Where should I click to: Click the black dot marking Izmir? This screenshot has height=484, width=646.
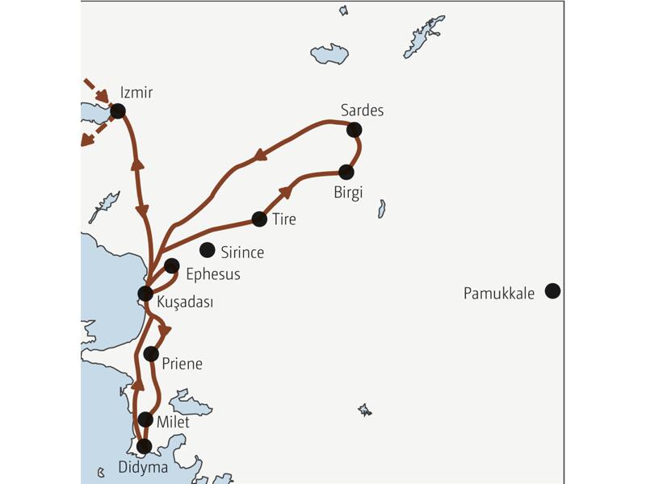118,111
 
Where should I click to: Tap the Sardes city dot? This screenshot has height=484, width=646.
353,129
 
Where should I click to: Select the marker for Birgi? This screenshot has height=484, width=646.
346,172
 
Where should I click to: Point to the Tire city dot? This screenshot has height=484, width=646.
259,219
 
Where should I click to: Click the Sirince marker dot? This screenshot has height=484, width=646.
208,250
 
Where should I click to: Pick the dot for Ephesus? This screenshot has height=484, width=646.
171,265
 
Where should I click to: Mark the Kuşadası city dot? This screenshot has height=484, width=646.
145,294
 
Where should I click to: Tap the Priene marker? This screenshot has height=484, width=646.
151,353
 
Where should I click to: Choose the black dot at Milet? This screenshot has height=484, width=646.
145,419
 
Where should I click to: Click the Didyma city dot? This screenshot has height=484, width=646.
144,445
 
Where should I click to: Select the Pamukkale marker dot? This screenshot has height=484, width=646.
552,291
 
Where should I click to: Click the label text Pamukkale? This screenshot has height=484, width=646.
499,294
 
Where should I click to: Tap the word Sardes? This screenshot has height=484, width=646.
362,111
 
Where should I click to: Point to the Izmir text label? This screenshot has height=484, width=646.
136,93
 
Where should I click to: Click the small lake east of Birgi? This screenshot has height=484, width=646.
382,209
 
